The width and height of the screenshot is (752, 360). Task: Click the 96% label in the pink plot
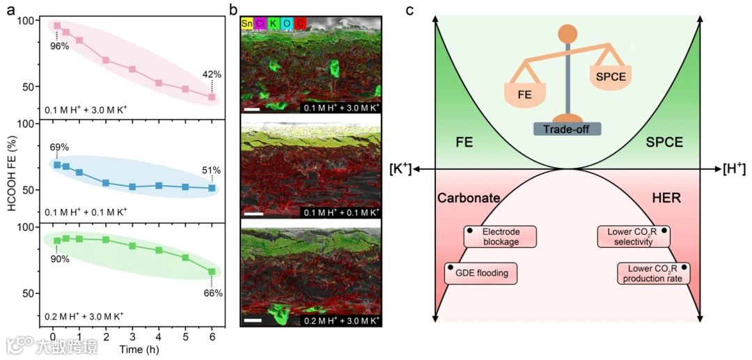(58, 47)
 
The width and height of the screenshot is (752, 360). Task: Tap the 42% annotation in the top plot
(212, 75)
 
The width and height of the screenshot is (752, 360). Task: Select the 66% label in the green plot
(212, 293)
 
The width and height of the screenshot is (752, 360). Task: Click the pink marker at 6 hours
(212, 97)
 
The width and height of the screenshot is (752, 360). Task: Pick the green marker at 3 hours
(132, 246)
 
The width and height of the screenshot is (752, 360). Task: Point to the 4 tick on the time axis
(159, 336)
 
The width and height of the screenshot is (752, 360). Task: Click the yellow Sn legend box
(246, 23)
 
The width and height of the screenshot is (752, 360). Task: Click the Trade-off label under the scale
(567, 129)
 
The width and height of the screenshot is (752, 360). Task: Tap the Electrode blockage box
(501, 237)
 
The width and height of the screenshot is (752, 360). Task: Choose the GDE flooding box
(481, 273)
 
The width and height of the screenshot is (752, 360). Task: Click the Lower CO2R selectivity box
(634, 237)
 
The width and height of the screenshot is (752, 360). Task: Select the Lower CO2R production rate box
(653, 273)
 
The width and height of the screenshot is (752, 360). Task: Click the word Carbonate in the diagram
(469, 198)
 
